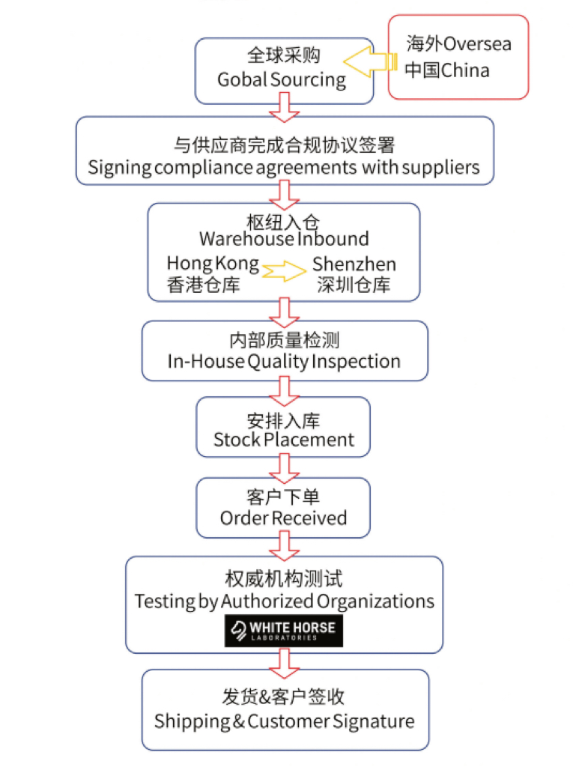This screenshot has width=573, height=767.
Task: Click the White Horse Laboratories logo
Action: click(284, 631)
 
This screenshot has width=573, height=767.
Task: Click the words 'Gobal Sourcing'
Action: click(282, 79)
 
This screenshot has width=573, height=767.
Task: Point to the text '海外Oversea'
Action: click(458, 43)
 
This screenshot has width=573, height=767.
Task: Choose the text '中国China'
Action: click(447, 70)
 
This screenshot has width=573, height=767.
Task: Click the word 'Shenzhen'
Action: click(354, 264)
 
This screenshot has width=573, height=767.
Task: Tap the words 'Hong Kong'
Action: click(213, 264)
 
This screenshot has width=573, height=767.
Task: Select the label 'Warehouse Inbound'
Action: click(284, 239)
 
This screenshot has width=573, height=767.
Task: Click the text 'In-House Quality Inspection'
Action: click(284, 361)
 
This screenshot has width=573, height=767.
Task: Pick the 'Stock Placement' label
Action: click(284, 440)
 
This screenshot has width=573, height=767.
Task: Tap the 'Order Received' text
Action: click(284, 518)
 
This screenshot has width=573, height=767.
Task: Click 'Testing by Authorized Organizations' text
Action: click(284, 601)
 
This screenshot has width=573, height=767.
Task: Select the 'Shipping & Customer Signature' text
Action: click(284, 721)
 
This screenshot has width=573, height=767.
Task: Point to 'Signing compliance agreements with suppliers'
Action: click(284, 167)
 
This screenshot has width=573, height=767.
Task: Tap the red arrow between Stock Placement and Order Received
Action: click(284, 468)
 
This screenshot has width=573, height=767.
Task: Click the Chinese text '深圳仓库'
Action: click(354, 285)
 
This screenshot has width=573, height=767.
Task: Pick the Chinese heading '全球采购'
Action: click(284, 55)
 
